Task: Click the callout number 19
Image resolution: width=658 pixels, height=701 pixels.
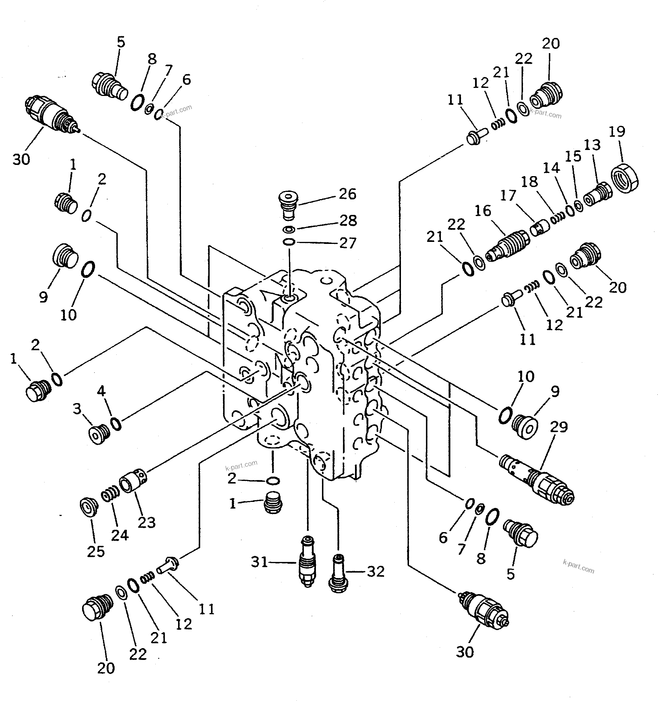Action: click(617, 132)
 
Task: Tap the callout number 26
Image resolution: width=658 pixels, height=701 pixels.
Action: click(348, 194)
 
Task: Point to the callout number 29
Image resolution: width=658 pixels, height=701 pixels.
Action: click(559, 427)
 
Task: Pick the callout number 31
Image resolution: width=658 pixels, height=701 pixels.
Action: click(260, 562)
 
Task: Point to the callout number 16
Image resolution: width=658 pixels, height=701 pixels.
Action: click(483, 211)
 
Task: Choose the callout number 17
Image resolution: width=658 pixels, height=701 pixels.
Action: click(508, 195)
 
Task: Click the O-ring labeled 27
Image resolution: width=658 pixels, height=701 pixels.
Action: click(289, 242)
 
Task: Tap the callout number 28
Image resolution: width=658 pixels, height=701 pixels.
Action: click(348, 221)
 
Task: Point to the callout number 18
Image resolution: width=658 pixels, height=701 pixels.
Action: click(529, 182)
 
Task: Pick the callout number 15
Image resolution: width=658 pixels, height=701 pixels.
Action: click(573, 157)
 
